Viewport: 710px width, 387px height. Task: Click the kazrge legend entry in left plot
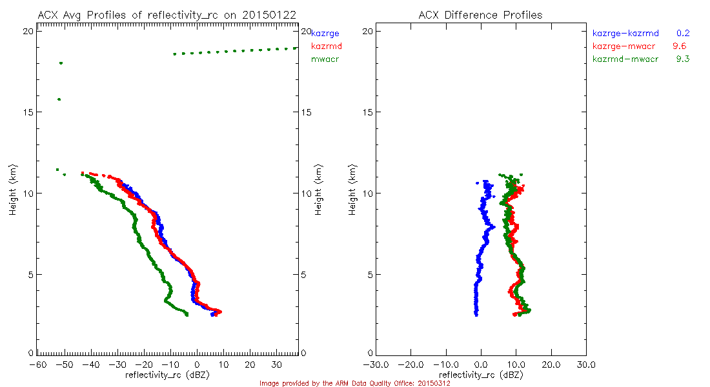(325, 33)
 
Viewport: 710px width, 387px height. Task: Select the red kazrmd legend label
(327, 46)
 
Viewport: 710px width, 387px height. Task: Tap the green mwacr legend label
(325, 59)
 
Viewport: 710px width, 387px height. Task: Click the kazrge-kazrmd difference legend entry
(625, 33)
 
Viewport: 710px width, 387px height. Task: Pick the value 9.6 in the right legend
(679, 46)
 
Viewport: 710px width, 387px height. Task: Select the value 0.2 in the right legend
(684, 33)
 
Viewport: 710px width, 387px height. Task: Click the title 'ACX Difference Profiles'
(480, 15)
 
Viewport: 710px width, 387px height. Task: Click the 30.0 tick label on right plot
(586, 364)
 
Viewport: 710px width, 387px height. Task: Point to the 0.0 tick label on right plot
(481, 364)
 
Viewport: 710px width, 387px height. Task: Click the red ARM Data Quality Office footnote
(354, 383)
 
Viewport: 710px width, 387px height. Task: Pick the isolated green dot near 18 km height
(61, 63)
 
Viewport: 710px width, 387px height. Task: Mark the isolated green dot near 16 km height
(59, 99)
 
